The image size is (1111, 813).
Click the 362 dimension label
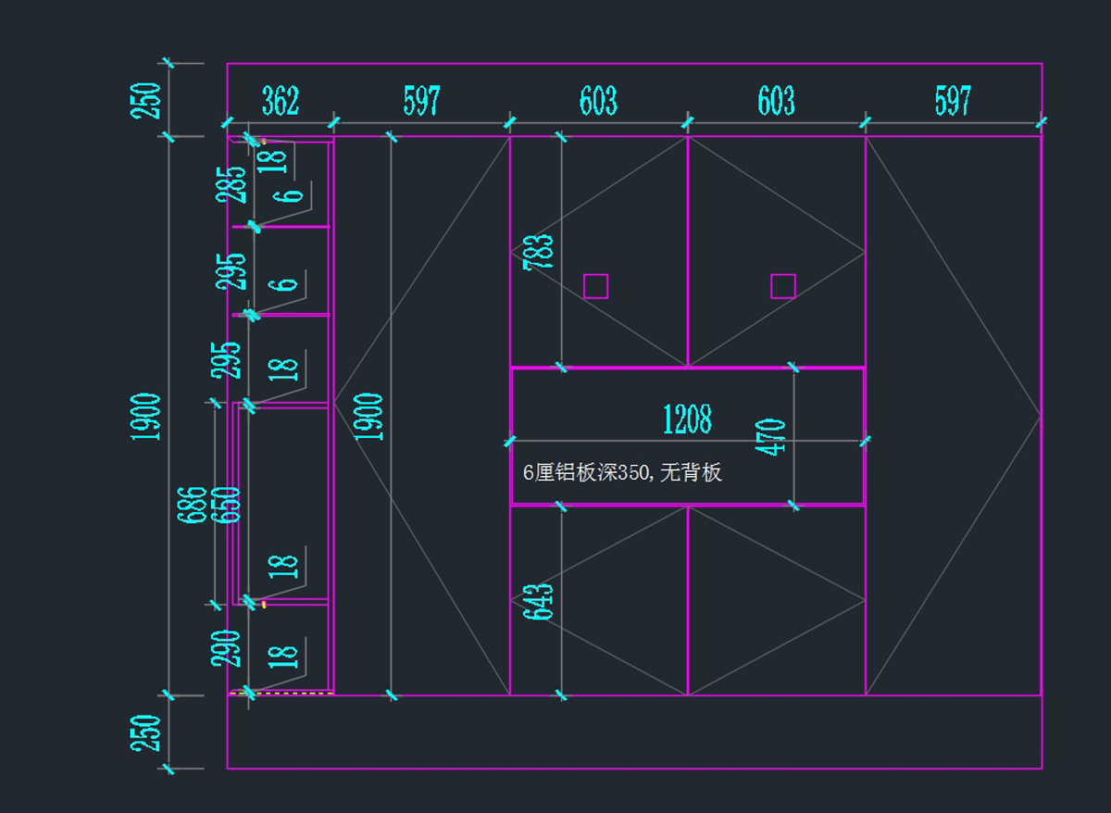click(x=281, y=101)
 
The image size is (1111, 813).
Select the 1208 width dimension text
click(x=687, y=419)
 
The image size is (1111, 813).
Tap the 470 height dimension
click(x=772, y=437)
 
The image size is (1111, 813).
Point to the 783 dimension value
click(x=539, y=252)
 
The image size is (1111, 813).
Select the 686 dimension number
click(x=193, y=505)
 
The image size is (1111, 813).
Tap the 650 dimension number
click(x=228, y=505)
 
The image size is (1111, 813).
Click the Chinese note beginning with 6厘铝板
click(x=622, y=473)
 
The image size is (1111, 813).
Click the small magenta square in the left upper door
click(x=595, y=286)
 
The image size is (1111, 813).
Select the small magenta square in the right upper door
click(x=783, y=286)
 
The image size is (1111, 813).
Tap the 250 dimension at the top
click(x=147, y=101)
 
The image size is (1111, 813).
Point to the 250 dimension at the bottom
click(x=147, y=732)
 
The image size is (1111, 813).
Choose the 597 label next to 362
click(x=421, y=101)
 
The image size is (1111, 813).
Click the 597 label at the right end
click(x=953, y=101)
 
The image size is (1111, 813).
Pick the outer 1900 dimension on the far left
click(x=147, y=417)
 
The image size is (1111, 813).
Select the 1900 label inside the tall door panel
click(x=368, y=417)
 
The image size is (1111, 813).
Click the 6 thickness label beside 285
click(x=291, y=194)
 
